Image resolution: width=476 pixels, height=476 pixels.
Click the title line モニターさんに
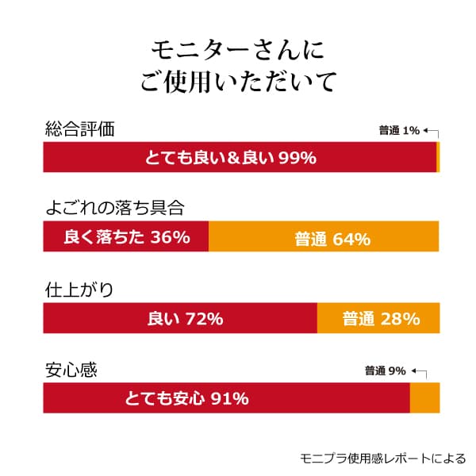pyautogui.click(x=238, y=50)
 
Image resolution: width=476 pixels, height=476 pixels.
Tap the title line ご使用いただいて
pyautogui.click(x=238, y=81)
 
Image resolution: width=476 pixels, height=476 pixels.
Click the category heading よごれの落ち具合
pyautogui.click(x=115, y=209)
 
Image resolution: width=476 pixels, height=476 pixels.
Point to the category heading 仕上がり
pyautogui.click(x=79, y=290)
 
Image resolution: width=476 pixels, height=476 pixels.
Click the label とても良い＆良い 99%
pyautogui.click(x=231, y=158)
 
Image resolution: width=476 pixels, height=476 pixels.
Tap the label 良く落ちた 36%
pyautogui.click(x=126, y=237)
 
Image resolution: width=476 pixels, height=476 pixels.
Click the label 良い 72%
pyautogui.click(x=185, y=319)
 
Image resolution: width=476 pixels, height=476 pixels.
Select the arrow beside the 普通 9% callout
pyautogui.click(x=420, y=371)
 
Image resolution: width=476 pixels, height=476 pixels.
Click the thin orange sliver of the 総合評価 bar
pyautogui.click(x=438, y=157)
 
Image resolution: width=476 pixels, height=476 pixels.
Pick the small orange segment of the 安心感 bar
pyautogui.click(x=424, y=397)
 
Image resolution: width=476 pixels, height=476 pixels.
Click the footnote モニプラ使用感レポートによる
pyautogui.click(x=382, y=458)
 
